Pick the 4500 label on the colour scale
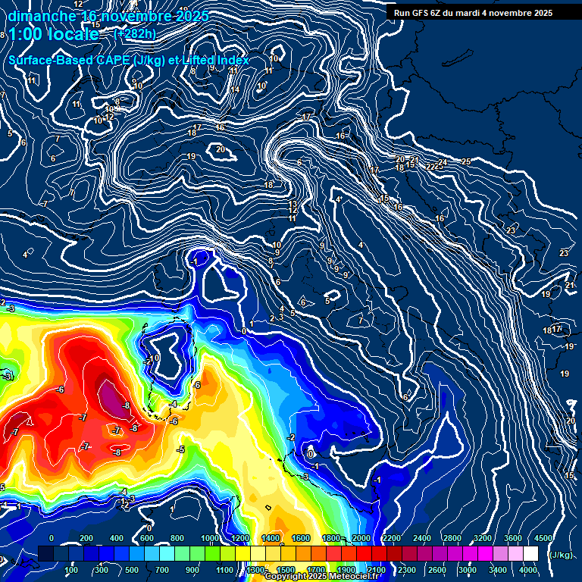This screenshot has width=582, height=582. tap(543, 538)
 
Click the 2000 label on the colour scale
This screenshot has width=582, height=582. tap(362, 538)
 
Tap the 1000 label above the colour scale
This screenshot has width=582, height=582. tap(210, 538)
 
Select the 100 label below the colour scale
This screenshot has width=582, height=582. tap(71, 570)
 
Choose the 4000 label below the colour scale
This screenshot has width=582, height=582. tap(528, 570)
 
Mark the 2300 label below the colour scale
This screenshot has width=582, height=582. tap(406, 570)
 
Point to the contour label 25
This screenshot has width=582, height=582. tap(466, 161)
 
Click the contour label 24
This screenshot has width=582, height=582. tap(443, 162)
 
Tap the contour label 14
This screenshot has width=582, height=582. tap(236, 89)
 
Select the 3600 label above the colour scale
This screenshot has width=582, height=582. tap(513, 538)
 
